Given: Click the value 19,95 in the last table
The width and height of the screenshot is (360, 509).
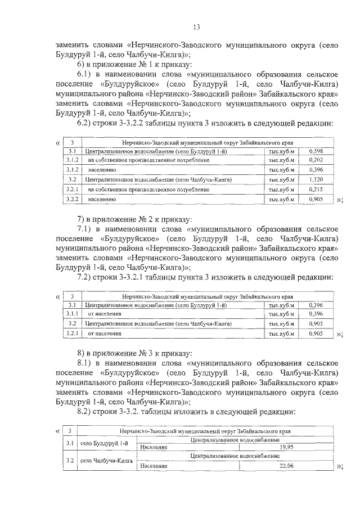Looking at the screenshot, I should coord(287,447).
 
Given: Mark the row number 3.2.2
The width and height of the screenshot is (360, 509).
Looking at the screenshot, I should coord(71,199).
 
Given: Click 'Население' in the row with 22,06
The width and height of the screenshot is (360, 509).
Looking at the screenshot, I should coord(154,466).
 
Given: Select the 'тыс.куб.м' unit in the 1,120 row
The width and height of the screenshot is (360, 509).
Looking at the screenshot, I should coord(281,179).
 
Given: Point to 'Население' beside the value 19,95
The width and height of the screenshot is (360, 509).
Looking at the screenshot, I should coord(154,447).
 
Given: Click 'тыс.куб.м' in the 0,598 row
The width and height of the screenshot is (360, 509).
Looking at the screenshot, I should coord(281,151).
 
